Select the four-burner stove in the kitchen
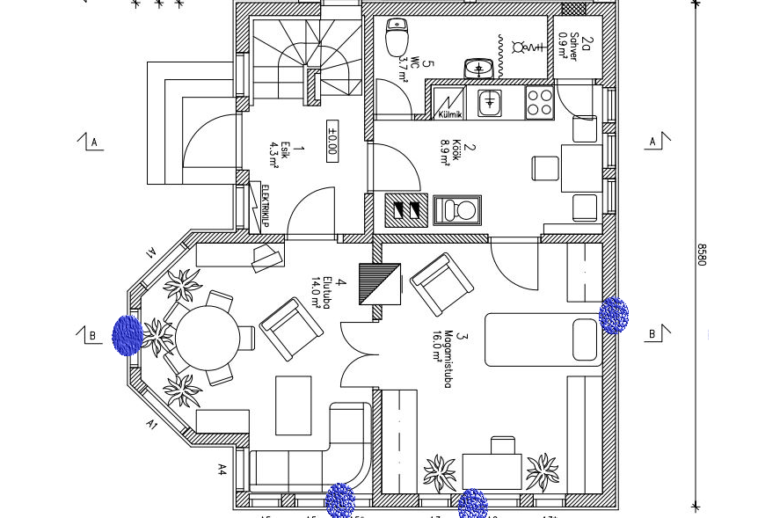point(540,103)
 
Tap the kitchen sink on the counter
point(490,102)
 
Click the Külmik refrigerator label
point(450,115)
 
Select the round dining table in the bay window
point(208,337)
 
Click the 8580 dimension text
point(702,254)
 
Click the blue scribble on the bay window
point(128,335)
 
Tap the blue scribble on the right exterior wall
point(613,315)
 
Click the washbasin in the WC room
point(478,68)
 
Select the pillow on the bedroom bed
point(584,339)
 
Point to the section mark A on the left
point(92,142)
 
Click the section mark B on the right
point(654,333)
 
